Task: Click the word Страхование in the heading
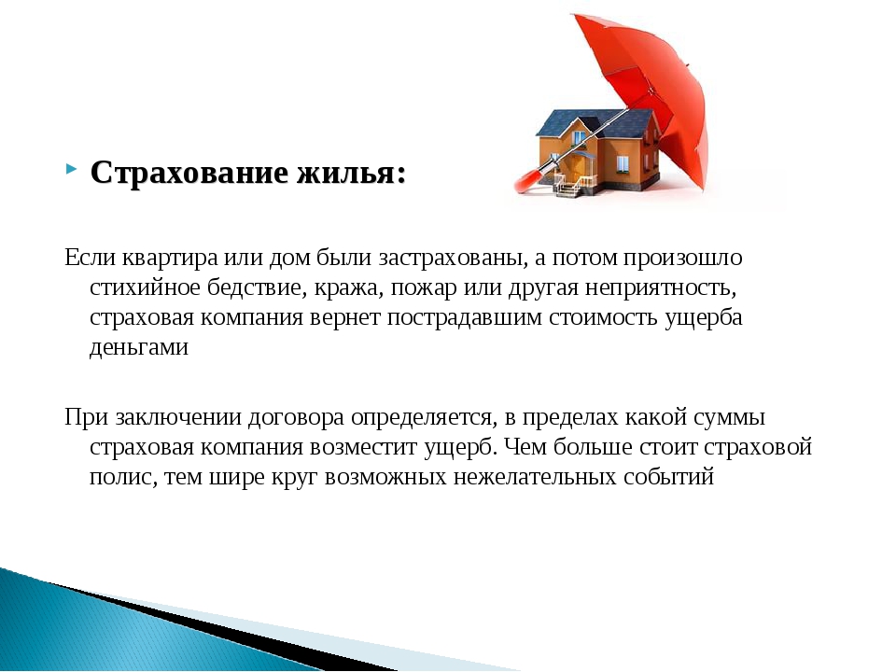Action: point(189,172)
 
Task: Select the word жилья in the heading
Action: point(345,172)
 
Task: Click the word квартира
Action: point(170,258)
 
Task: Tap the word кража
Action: point(349,287)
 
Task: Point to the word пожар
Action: point(424,288)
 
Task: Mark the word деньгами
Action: point(139,347)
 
